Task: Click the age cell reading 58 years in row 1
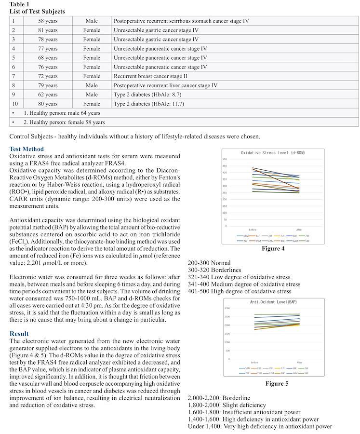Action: click(48, 21)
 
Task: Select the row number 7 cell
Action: click(14, 76)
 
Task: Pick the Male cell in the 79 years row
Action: click(92, 85)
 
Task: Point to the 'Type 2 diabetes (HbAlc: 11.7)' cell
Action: click(148, 104)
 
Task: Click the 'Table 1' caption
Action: click(19, 4)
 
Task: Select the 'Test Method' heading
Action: click(27, 149)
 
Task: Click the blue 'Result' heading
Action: click(19, 334)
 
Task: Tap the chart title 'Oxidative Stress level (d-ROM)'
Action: click(273, 153)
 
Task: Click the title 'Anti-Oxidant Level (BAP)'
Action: click(273, 302)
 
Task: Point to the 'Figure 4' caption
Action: click(273, 249)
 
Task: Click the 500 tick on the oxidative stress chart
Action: click(225, 160)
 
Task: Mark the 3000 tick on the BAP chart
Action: click(227, 309)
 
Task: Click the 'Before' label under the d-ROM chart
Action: click(253, 230)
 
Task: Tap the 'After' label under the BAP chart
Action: click(299, 362)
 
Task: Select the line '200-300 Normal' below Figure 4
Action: click(210, 263)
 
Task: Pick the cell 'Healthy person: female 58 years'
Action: click(64, 122)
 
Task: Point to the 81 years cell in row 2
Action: click(48, 30)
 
